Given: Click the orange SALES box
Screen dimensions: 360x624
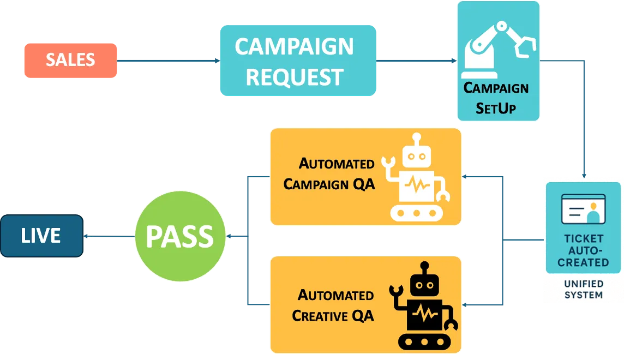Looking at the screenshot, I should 70,60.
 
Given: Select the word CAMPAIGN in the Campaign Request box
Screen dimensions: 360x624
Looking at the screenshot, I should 294,46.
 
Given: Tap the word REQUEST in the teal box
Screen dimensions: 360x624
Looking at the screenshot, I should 294,77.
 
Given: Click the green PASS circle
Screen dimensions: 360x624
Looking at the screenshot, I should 180,236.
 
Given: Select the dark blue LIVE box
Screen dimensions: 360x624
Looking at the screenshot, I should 41,236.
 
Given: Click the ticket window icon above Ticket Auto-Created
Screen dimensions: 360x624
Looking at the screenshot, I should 584,208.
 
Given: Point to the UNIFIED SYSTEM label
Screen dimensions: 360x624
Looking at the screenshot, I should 583,289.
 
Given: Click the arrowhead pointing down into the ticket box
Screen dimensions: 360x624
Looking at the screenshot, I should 584,175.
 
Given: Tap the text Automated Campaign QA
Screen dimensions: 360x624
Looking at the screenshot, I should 329,174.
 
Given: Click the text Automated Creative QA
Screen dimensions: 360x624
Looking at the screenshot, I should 333,305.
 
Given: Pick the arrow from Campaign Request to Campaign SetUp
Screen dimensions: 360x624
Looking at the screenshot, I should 417,61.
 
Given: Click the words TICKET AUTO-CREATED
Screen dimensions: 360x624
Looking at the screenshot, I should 583,250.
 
